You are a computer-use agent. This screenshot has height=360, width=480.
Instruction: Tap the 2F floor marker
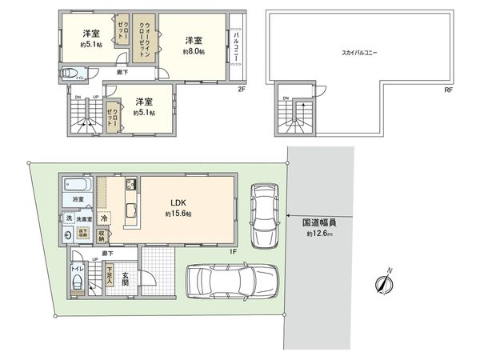click(241, 89)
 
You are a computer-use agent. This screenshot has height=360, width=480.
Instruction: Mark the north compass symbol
click(386, 283)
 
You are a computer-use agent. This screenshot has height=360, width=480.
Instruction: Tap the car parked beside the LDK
click(264, 214)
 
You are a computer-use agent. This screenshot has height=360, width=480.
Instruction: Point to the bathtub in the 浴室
click(78, 183)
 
